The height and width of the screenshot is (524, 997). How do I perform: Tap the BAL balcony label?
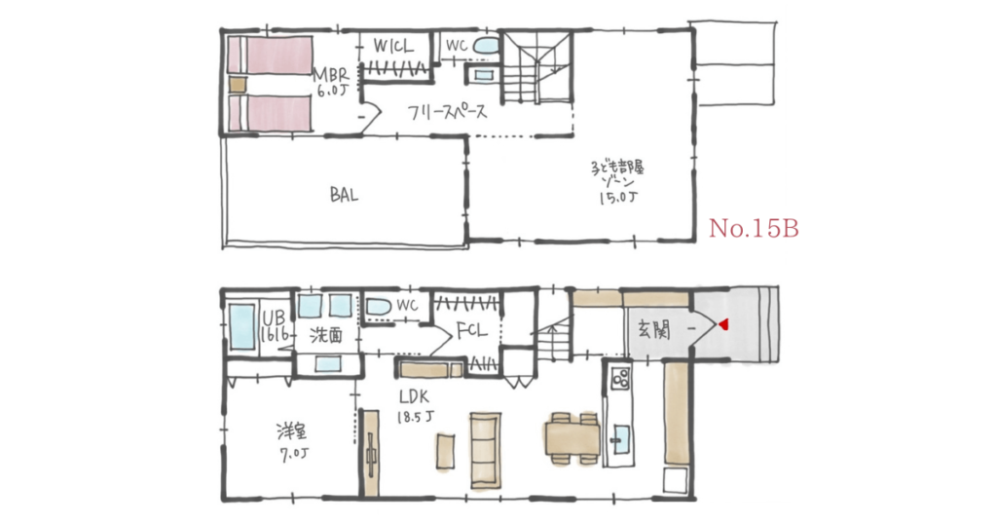tap(344, 195)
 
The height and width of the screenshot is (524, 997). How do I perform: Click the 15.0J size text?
tap(618, 200)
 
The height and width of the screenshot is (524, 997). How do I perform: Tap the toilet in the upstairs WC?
tap(485, 46)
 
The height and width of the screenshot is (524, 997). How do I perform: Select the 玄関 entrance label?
tap(655, 328)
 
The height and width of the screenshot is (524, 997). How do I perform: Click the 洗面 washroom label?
tap(326, 334)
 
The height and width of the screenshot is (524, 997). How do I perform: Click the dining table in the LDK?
tap(571, 434)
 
